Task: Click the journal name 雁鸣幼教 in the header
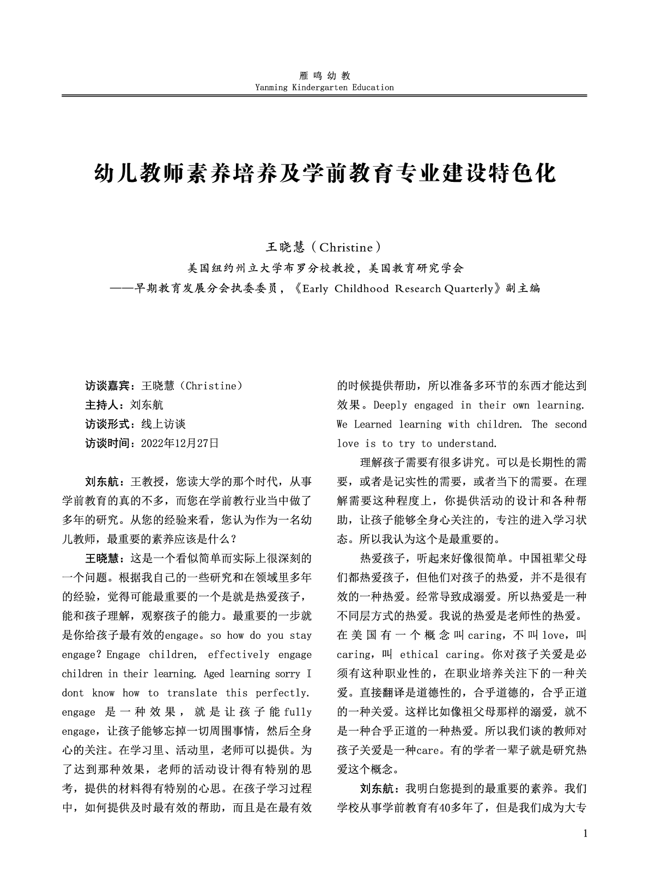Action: coord(324,76)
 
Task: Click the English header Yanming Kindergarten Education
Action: coord(324,87)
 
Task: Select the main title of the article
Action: coord(325,173)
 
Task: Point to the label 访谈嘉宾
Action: coord(107,386)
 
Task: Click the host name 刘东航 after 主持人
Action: coord(147,405)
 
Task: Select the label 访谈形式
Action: coord(107,424)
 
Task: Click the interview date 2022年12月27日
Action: coord(180,443)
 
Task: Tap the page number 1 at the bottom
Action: coord(585,834)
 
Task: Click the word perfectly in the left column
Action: coord(283,693)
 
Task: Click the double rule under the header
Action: coord(324,96)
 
